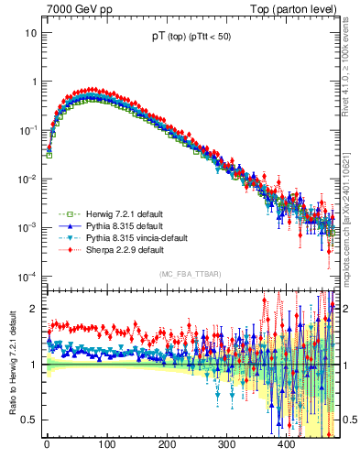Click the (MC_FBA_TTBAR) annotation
click(191, 272)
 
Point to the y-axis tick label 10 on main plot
click(30, 33)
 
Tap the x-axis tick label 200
click(166, 445)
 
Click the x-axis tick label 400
click(286, 445)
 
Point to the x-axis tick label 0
click(47, 445)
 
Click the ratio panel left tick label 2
click(33, 309)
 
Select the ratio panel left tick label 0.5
click(29, 420)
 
